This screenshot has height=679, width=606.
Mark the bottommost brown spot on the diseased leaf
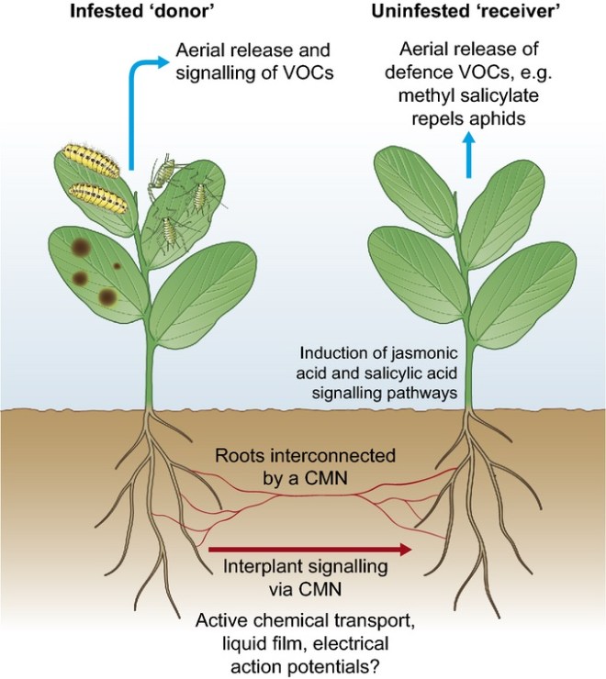108,296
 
